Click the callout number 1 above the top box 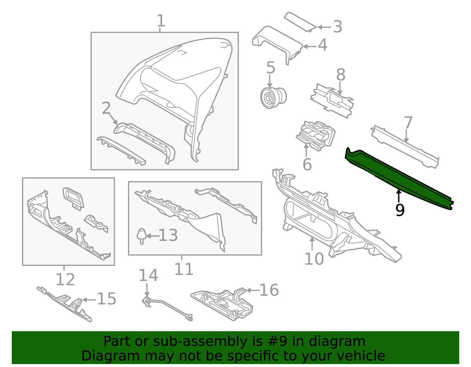[x=160, y=21]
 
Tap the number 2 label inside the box [x=106, y=108]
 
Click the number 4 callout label [x=323, y=45]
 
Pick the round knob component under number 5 [x=273, y=98]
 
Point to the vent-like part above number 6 [x=316, y=135]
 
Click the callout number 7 [x=408, y=123]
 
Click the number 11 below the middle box [x=184, y=269]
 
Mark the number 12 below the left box [x=65, y=279]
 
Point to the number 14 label [x=148, y=275]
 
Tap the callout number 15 [x=107, y=299]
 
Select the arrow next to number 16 [x=253, y=290]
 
